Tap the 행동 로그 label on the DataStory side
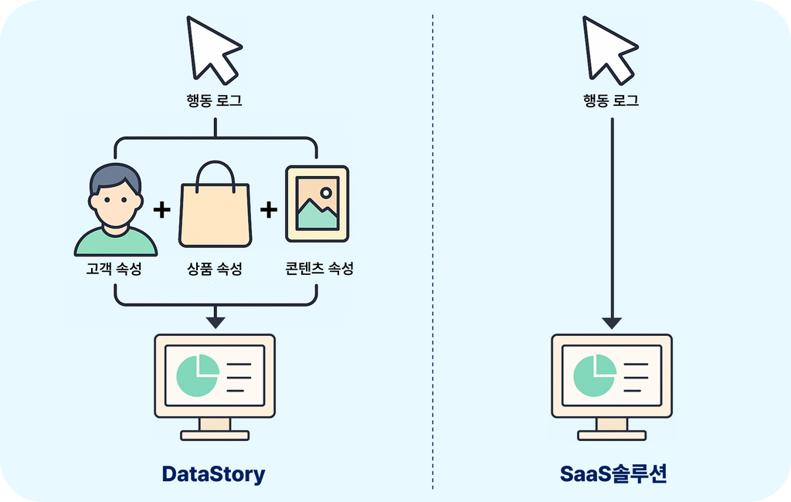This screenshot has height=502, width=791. (215, 100)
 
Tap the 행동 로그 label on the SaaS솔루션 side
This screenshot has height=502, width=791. (611, 100)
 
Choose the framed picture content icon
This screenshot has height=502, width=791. (317, 204)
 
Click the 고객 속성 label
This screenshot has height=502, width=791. (114, 269)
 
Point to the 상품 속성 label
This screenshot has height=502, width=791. (215, 269)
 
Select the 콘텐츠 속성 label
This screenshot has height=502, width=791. (319, 269)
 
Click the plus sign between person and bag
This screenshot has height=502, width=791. (162, 209)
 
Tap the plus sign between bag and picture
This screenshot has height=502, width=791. (269, 209)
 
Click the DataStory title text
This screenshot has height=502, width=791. (213, 474)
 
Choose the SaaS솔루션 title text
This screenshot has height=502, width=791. (613, 473)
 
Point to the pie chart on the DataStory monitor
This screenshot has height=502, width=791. (197, 375)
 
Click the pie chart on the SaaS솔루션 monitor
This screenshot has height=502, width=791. (595, 375)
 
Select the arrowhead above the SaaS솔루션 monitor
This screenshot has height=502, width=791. (612, 323)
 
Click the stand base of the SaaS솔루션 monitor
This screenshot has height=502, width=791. (612, 435)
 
